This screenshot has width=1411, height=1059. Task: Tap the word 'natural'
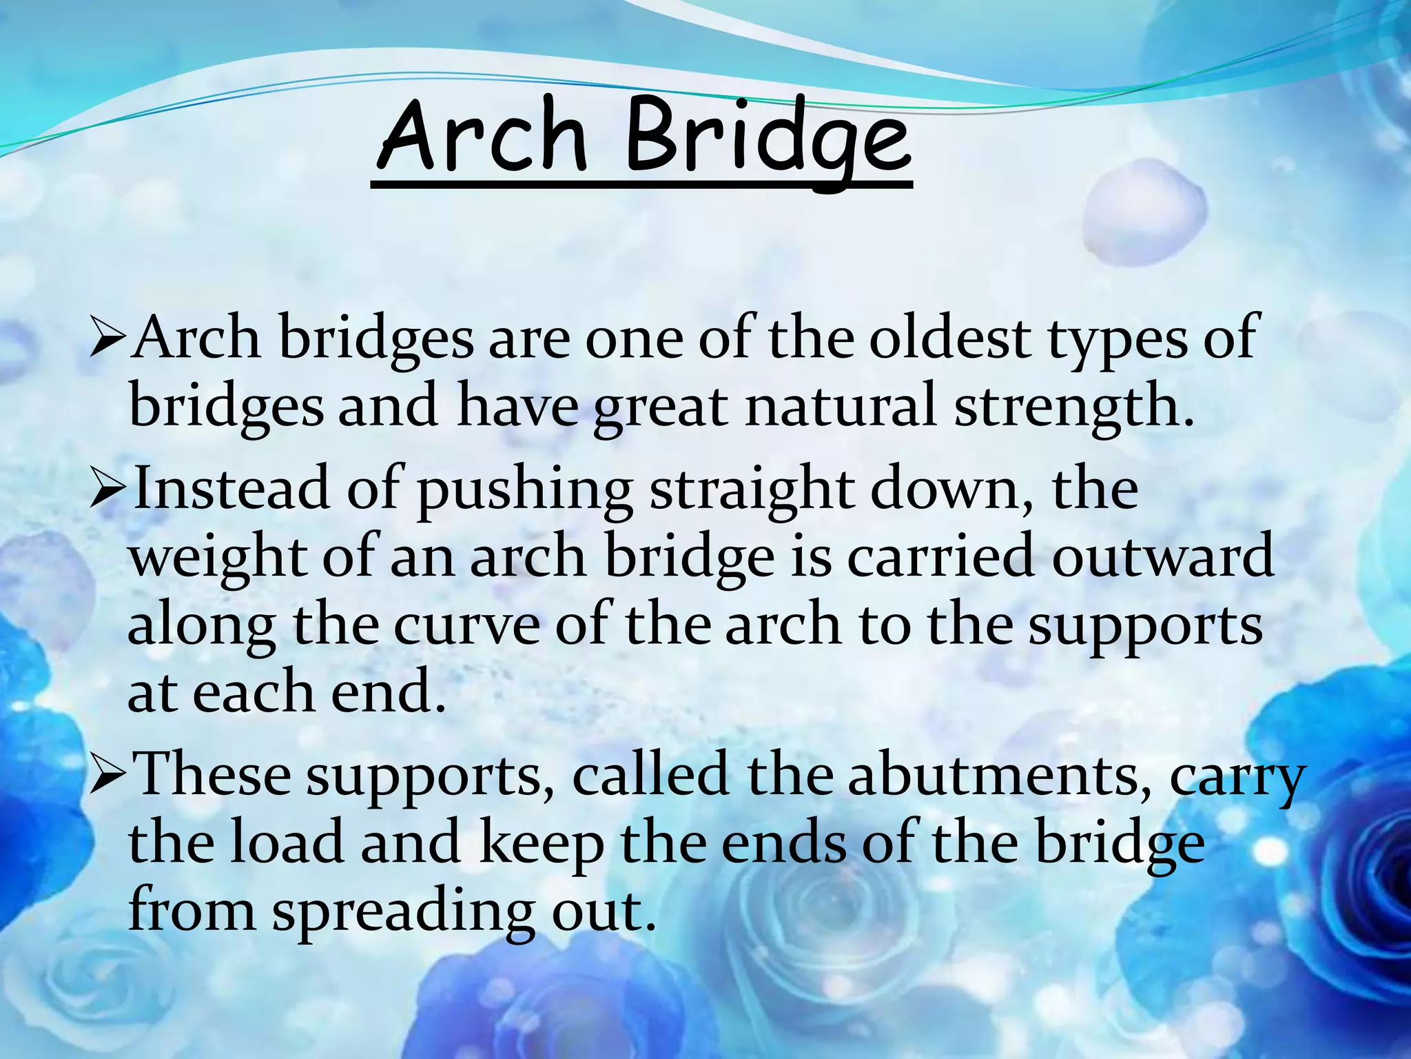point(841,407)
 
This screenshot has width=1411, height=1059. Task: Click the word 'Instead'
point(231,488)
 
